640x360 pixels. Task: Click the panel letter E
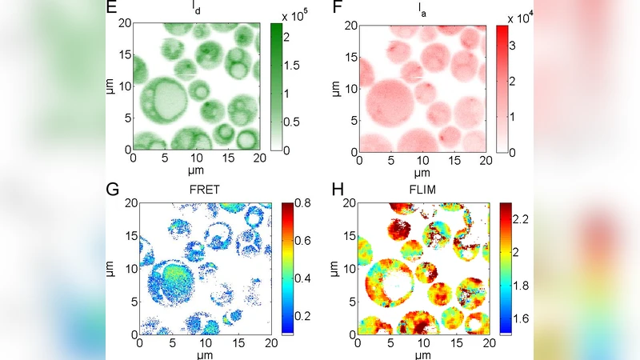tap(110, 9)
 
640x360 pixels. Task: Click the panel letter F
tap(337, 9)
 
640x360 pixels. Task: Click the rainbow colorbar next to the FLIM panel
tap(506, 268)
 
